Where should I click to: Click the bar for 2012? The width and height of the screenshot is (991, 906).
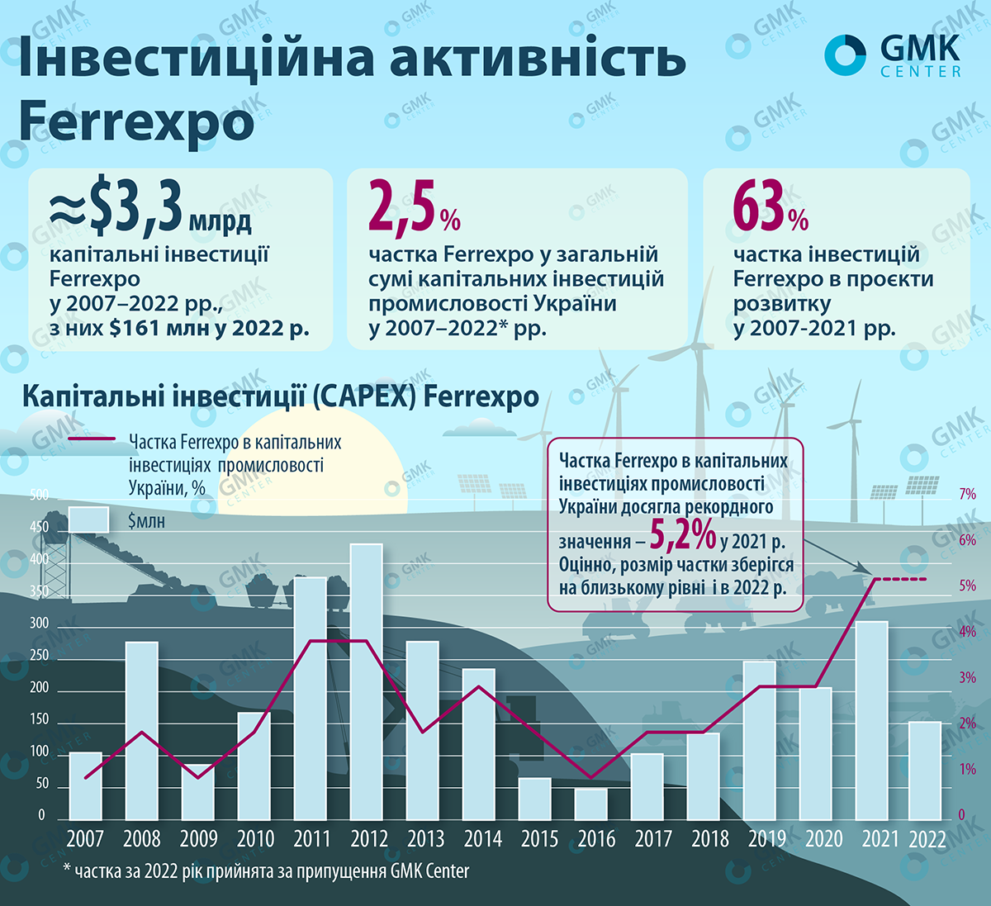[367, 681]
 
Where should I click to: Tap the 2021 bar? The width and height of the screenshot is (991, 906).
[871, 719]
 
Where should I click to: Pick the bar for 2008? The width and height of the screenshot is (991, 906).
[141, 730]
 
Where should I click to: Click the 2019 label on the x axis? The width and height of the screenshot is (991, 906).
[767, 839]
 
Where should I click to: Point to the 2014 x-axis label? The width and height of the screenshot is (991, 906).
[482, 839]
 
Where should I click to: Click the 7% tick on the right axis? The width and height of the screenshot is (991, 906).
[967, 495]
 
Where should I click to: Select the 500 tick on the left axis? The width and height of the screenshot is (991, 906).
[39, 496]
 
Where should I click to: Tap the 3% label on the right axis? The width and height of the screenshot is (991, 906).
[967, 678]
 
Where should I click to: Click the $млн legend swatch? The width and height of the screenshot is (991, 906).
[88, 519]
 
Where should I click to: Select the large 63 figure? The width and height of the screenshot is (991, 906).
[759, 208]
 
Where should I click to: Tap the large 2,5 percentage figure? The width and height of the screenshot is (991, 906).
[402, 210]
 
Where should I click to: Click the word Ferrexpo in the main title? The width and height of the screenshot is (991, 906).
[136, 122]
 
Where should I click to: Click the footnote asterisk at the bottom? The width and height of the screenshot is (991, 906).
[66, 870]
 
